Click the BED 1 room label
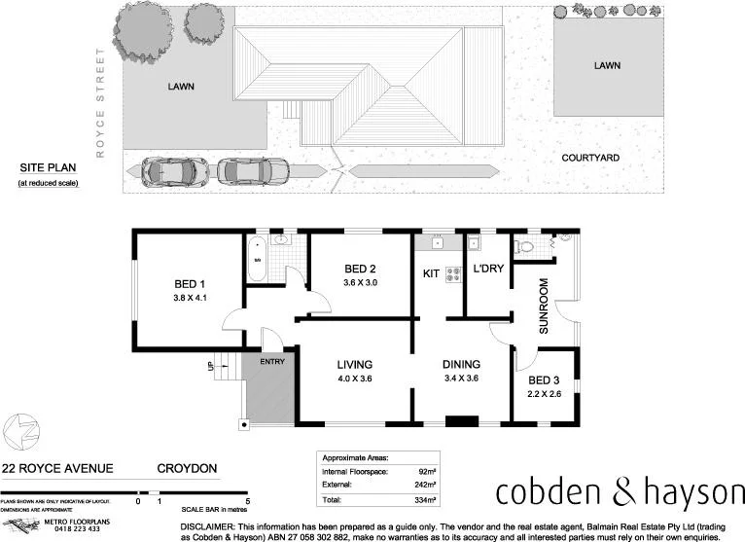point(189,284)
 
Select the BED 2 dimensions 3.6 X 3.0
point(359,283)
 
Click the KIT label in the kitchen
point(431,275)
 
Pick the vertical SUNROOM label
point(544,307)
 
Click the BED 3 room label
point(543,380)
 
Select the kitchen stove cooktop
point(452,275)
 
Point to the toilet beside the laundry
point(527,247)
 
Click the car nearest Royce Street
point(166,171)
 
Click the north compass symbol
point(21,429)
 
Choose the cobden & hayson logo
point(619,492)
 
